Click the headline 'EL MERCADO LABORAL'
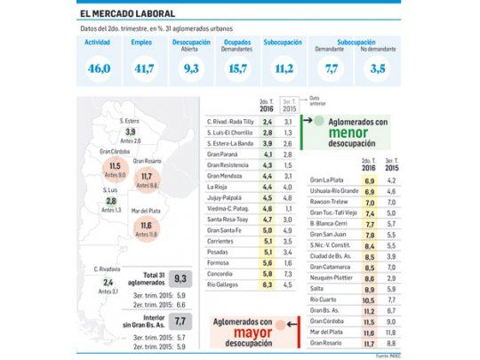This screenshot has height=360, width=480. click(x=114, y=12)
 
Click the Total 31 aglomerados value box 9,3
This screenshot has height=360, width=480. click(x=180, y=279)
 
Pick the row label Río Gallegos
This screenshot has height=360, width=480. click(x=226, y=285)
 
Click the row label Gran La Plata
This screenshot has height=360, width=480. click(x=327, y=180)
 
